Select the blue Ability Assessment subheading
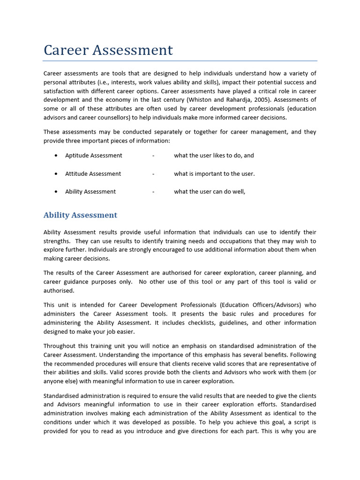point(80,215)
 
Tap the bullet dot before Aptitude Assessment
point(56,156)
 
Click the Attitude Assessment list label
point(93,174)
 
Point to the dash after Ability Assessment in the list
point(153,192)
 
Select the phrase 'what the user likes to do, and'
point(214,156)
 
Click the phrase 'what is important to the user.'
point(214,174)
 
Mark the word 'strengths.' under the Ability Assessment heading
point(56,241)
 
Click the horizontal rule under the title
point(180,61)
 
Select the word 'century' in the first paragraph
point(179,100)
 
